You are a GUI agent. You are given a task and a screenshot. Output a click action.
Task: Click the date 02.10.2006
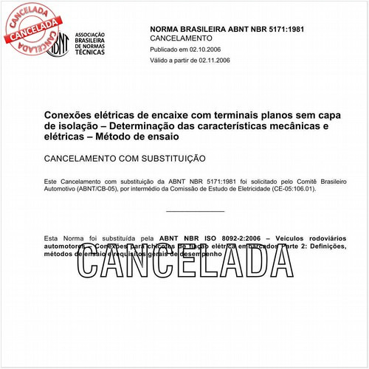point(209,49)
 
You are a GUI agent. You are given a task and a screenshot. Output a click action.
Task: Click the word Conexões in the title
point(74,115)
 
